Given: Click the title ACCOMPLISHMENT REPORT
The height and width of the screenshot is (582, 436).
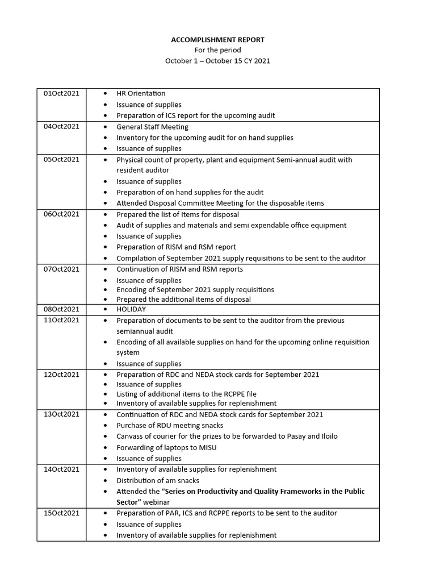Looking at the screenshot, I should pos(217,40).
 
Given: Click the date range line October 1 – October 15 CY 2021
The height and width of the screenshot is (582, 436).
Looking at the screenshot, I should pos(217,61).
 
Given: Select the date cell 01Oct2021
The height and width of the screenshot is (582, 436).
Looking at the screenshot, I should pos(61,93).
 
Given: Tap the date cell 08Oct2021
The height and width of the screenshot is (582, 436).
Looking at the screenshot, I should pos(61,309).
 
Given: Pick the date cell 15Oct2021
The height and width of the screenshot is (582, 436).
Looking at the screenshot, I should pos(61,513).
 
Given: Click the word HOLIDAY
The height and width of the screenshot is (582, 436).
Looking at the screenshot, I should pos(131,309).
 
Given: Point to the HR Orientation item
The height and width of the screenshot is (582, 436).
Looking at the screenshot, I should pos(141,93).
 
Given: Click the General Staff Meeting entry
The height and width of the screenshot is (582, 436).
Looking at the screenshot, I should pos(152,127).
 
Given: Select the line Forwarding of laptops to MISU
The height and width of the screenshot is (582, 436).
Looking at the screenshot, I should pos(166,447).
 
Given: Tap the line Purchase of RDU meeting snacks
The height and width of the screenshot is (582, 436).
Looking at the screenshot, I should pos(170,425).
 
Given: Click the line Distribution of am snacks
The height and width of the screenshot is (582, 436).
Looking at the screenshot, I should pos(158,480).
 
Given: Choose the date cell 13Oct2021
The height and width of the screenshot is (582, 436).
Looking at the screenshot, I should pos(61,414).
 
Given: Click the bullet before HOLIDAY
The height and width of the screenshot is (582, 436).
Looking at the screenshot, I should pos(107,309).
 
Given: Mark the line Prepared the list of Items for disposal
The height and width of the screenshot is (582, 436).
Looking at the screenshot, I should pos(178,214).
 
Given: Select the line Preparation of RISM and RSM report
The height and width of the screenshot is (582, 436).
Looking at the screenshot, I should pos(176,247).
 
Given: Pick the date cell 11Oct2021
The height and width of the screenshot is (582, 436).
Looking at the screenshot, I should pos(61,320).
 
